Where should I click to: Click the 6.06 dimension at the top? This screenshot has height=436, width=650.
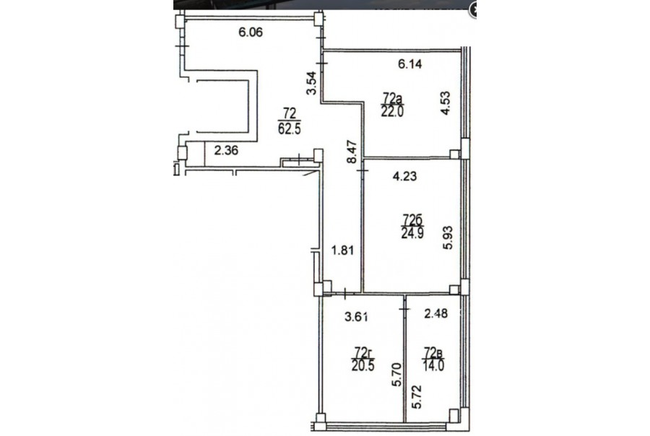(251, 32)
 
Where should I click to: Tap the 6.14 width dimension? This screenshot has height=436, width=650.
(409, 64)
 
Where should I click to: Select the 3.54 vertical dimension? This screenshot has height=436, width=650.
(312, 83)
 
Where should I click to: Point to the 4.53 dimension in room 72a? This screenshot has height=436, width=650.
(445, 103)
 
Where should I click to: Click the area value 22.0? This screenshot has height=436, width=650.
(392, 111)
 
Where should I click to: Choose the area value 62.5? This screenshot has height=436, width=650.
(290, 128)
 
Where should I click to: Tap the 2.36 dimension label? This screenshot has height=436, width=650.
(226, 150)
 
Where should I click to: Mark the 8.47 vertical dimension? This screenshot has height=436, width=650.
(352, 152)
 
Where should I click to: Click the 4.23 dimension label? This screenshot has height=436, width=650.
(404, 177)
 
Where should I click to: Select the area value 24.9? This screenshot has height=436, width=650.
(412, 233)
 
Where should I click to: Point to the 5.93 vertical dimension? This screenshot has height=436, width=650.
(448, 237)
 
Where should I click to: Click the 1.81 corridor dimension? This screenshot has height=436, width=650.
(342, 250)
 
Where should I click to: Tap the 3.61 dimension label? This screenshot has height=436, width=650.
(357, 317)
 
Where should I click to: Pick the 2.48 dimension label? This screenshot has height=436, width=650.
(435, 313)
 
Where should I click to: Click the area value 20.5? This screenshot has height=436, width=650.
(363, 366)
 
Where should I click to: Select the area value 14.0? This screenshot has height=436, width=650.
(433, 366)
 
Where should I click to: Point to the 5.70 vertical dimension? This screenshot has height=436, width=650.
(397, 375)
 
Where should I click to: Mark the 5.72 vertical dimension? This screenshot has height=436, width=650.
(417, 396)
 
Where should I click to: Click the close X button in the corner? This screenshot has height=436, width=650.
(472, 10)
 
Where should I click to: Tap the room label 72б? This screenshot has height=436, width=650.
(412, 219)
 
